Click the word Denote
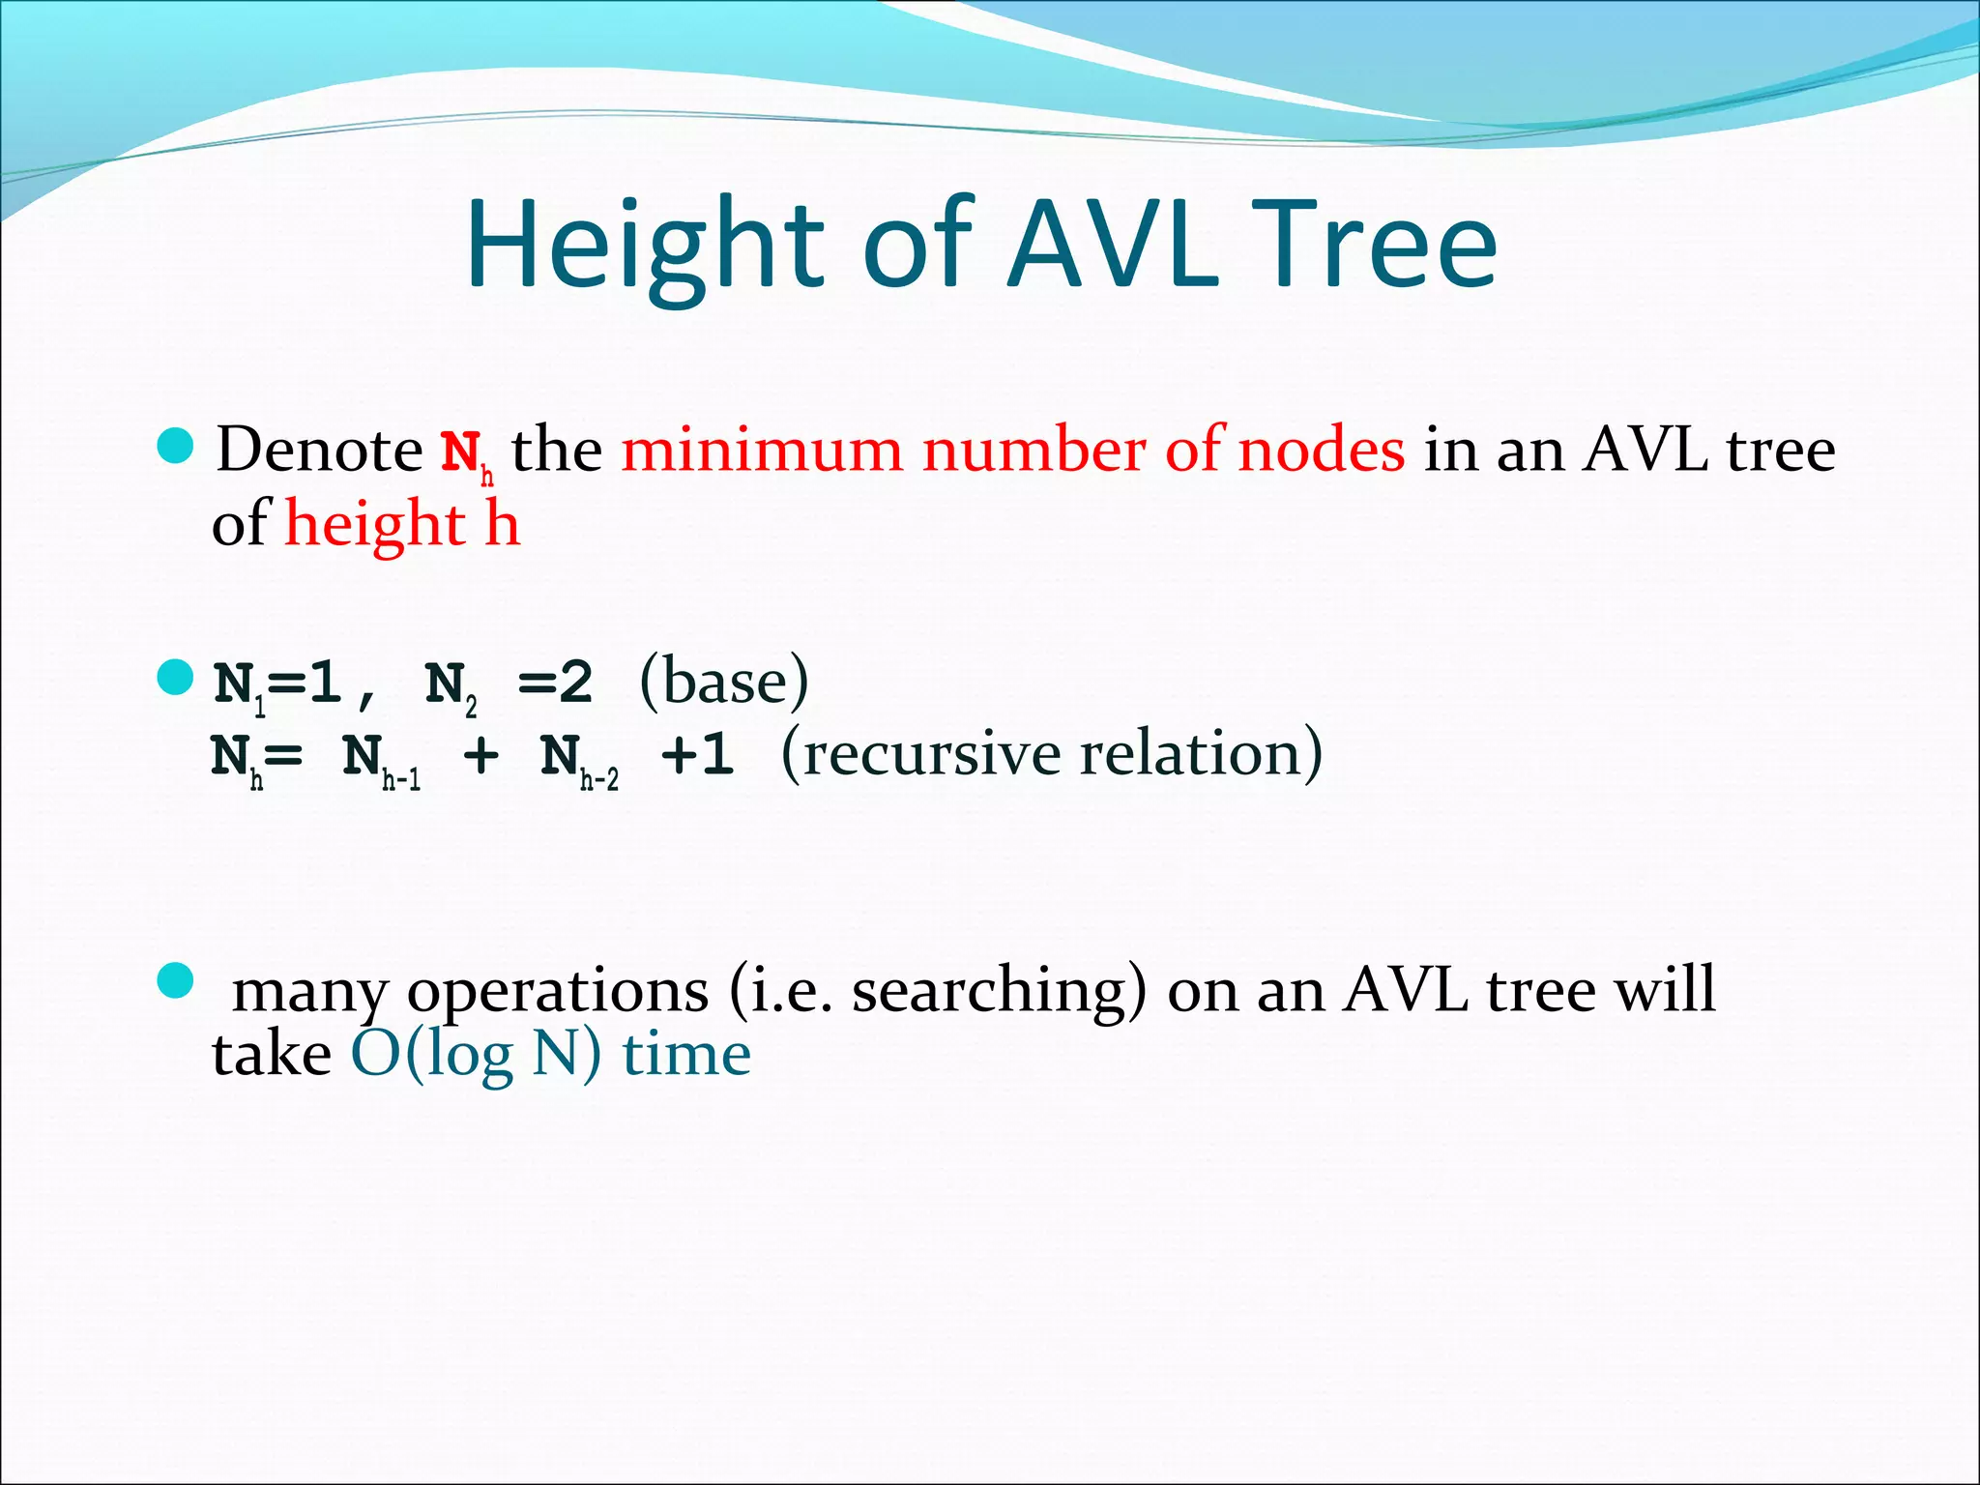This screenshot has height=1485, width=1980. tap(319, 451)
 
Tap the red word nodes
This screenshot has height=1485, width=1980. tap(1321, 451)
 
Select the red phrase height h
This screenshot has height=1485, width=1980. tap(402, 525)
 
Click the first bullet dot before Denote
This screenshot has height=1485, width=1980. tap(175, 447)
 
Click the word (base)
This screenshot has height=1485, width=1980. tap(724, 683)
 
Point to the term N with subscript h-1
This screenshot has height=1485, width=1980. tap(380, 760)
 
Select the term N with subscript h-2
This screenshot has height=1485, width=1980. tap(578, 760)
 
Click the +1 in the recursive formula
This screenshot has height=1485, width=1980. tap(697, 755)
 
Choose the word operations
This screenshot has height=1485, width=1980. tap(558, 991)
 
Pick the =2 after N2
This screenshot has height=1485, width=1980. tap(555, 684)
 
